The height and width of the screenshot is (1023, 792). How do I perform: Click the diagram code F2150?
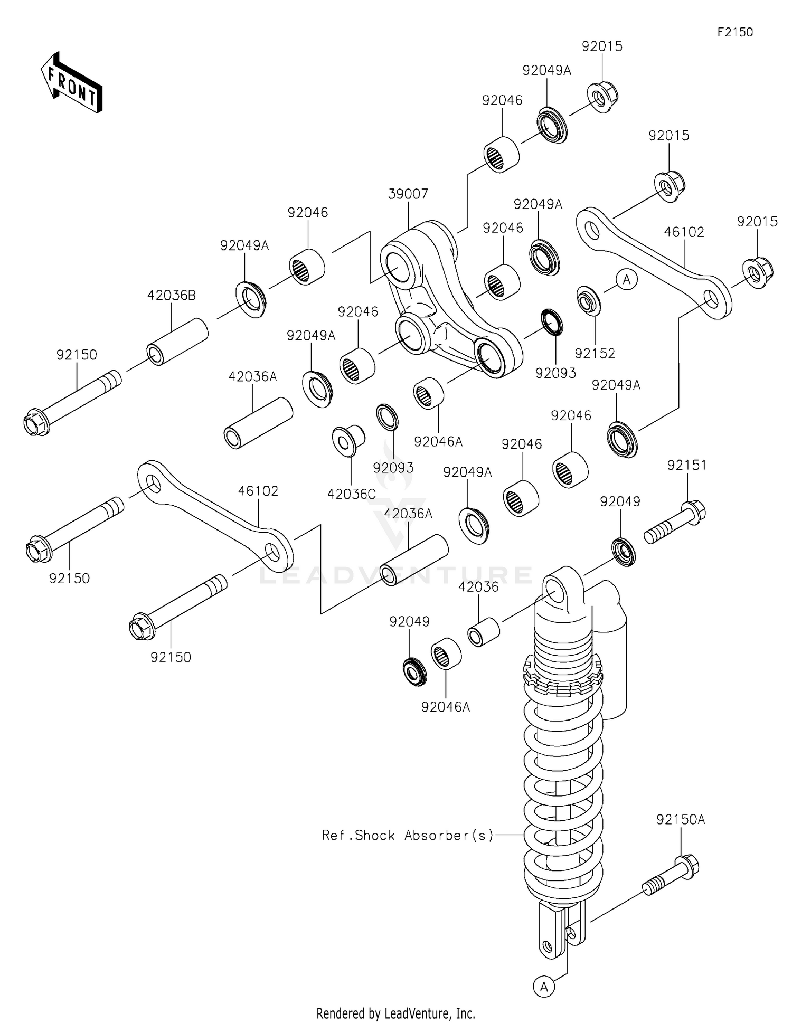734,32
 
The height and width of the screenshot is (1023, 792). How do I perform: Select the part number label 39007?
408,194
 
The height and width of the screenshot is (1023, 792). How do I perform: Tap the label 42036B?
171,296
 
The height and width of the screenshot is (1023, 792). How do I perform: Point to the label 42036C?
351,494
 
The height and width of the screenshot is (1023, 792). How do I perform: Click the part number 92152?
595,354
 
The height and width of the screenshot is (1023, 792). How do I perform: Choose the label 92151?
686,466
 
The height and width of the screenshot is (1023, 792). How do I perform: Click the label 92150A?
681,820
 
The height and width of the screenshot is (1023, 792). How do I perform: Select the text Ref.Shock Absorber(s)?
408,835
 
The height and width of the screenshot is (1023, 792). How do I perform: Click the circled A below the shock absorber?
544,986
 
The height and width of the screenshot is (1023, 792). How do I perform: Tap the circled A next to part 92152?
626,279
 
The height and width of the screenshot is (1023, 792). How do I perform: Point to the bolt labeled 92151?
675,522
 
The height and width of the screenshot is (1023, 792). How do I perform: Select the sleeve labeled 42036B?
177,342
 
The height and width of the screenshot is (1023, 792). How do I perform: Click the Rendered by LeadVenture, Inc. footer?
395,1013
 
